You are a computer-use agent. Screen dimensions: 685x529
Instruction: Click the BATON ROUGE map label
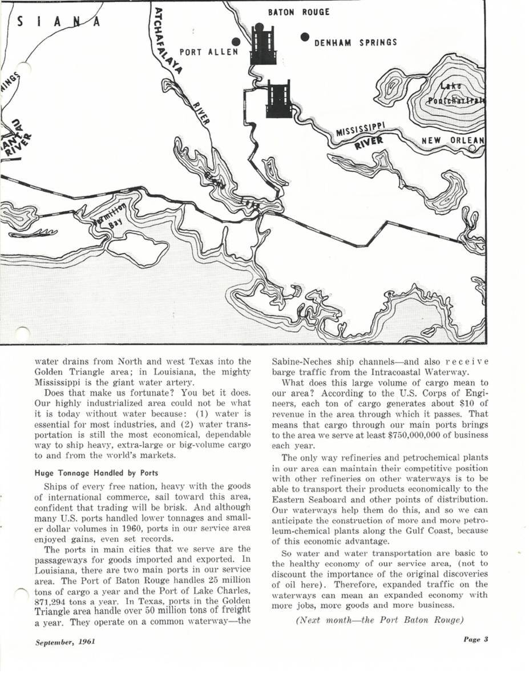point(299,12)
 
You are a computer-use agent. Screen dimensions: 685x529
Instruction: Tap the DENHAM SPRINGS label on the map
point(356,43)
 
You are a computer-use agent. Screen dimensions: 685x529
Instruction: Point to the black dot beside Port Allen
point(235,42)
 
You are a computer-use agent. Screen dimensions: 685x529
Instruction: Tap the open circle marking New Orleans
point(472,148)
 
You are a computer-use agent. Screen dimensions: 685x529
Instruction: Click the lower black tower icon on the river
point(279,98)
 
